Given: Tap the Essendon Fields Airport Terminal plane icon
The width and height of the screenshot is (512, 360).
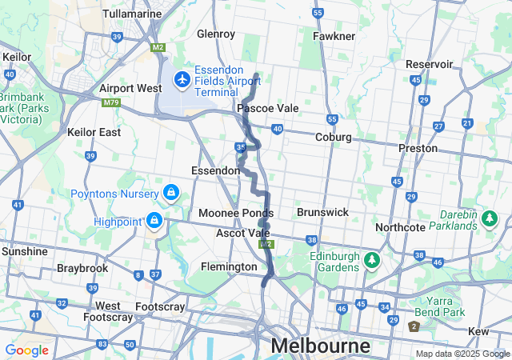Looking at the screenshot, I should [182, 78].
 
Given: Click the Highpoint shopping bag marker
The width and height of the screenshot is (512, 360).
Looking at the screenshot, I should [154, 219].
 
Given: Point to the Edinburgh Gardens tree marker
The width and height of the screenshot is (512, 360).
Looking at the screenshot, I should [370, 260].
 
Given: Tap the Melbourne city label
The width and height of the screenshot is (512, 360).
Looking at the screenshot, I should [320, 346].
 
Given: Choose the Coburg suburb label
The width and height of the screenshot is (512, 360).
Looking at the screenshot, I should [334, 137].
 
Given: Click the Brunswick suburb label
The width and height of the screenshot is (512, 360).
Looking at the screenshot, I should [322, 212].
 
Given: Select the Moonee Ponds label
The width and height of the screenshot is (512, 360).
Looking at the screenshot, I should [236, 214].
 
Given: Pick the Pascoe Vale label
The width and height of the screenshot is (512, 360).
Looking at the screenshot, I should [267, 107].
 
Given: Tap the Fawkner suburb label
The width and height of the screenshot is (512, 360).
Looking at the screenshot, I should [334, 36].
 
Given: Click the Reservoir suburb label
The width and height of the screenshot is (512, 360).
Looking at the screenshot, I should [430, 64].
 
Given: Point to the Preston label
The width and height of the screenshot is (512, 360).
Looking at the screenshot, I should [418, 148].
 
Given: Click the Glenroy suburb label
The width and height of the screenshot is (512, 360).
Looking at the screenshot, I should [216, 34].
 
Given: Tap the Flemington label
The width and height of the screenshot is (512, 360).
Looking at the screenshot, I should [229, 266].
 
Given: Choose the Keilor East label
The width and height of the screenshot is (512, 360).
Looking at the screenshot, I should [94, 132].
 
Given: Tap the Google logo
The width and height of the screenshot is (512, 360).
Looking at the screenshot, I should [26, 350].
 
